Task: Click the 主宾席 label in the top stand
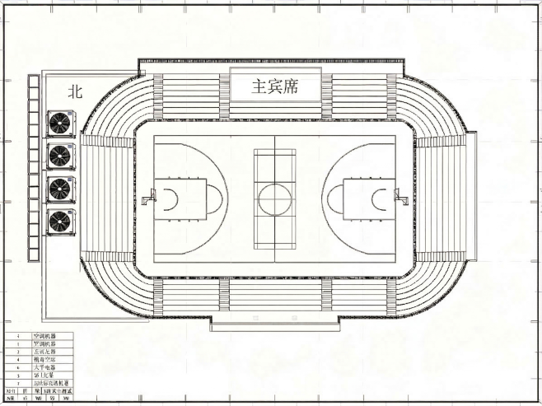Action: pos(274,86)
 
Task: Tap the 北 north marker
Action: pos(75,92)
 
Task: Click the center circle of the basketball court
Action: pos(271,198)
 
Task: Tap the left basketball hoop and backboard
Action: pos(149,198)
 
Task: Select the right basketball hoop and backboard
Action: pos(395,198)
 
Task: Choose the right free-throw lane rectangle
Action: pos(362,198)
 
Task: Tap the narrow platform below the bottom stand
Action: pos(274,325)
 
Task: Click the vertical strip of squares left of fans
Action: pos(33,169)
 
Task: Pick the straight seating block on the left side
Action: pos(107,198)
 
